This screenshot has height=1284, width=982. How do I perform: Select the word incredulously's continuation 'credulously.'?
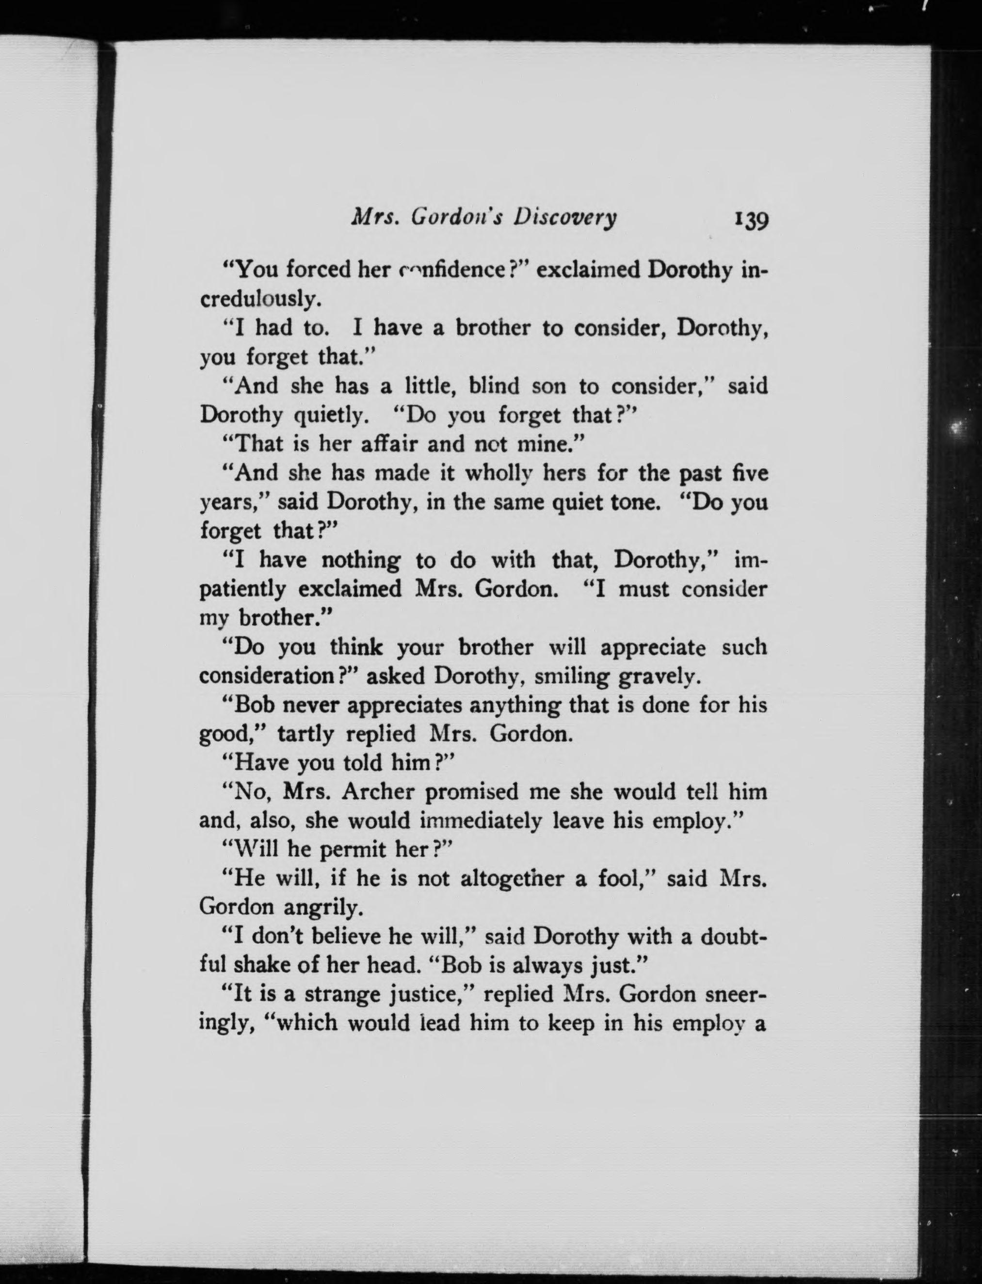[x=261, y=299]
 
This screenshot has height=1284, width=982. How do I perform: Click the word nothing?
[x=361, y=561]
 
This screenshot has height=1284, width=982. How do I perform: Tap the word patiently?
[x=242, y=589]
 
